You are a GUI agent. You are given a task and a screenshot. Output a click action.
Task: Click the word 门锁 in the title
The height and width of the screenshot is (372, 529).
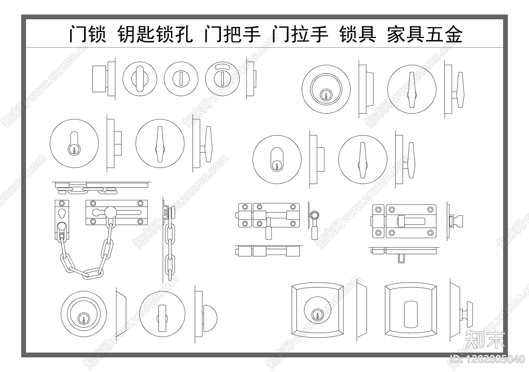click(87, 34)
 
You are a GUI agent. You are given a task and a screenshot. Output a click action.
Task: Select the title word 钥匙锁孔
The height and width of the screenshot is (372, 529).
click(155, 34)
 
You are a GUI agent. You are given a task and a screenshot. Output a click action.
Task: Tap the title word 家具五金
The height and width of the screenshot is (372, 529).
click(425, 34)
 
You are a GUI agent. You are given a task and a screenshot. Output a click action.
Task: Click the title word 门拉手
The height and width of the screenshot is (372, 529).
click(300, 34)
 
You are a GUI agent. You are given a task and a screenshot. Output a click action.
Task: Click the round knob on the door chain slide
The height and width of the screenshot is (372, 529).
click(110, 211)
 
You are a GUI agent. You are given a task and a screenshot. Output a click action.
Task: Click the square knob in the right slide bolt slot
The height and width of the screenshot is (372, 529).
click(401, 220)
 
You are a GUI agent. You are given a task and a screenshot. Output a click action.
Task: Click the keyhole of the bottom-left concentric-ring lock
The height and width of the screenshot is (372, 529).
click(84, 319)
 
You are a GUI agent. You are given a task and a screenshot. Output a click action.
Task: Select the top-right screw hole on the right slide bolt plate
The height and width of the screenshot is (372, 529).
click(430, 209)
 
